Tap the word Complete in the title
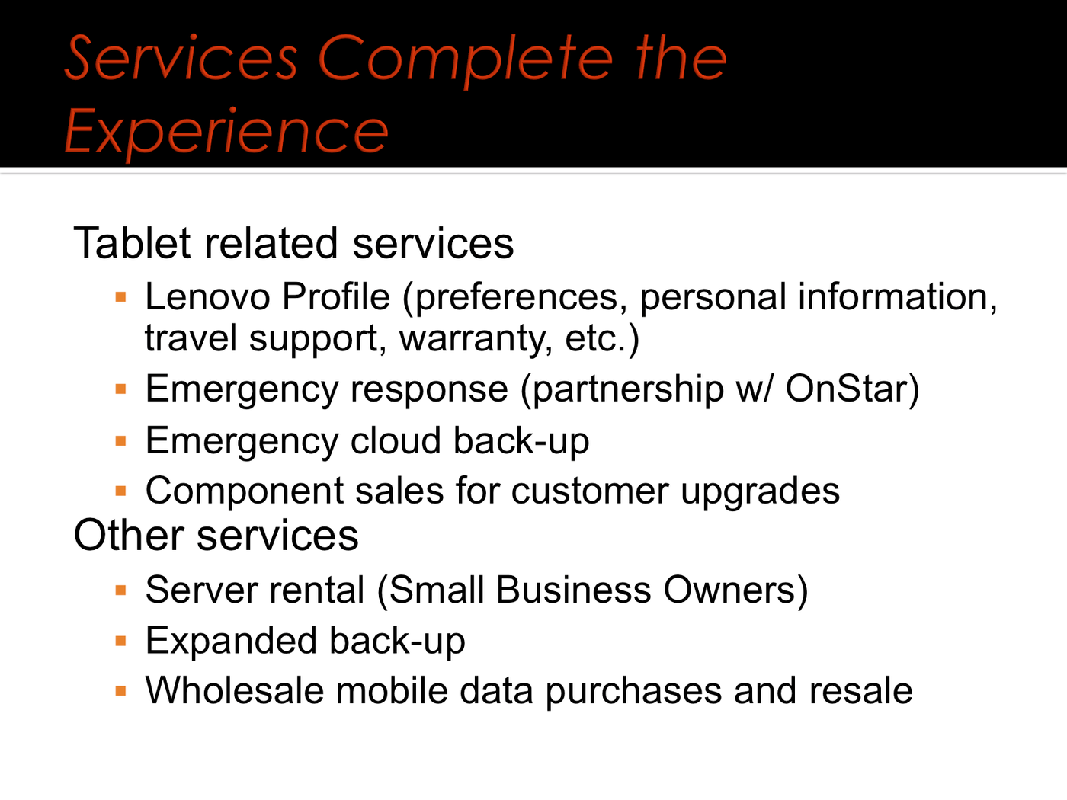465,61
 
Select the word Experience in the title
226,132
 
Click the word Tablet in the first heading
132,243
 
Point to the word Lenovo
207,296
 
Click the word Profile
336,296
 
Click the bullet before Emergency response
120,389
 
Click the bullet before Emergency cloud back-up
120,441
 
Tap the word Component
245,491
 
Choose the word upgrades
760,491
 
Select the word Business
573,590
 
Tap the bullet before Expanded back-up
120,642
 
